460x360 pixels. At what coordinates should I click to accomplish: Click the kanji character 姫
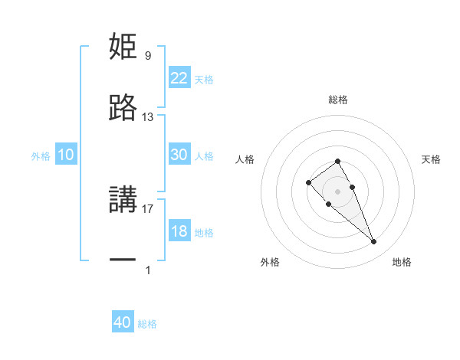click(123, 47)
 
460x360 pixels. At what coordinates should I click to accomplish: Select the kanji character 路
click(123, 109)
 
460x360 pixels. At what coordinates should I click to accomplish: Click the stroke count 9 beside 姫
click(148, 55)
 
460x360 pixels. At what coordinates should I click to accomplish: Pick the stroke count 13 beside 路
click(148, 117)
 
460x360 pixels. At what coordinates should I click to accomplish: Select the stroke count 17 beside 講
click(148, 208)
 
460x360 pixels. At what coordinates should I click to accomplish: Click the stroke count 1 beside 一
click(148, 270)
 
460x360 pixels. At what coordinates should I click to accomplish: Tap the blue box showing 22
click(179, 78)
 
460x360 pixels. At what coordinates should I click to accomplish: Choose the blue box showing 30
click(179, 155)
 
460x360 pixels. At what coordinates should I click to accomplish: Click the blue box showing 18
click(179, 231)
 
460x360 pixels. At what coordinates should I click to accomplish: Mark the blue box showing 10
click(66, 155)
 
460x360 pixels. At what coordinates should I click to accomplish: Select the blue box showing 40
click(123, 322)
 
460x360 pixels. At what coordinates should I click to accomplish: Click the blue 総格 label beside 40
click(147, 324)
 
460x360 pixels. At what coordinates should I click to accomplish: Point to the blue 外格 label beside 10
click(41, 156)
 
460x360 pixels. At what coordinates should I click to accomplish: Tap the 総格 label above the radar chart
click(338, 100)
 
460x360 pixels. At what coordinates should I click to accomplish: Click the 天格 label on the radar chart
click(432, 159)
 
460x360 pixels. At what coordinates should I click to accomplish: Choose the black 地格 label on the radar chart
click(402, 262)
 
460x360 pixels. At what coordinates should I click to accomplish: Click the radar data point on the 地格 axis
click(374, 242)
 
